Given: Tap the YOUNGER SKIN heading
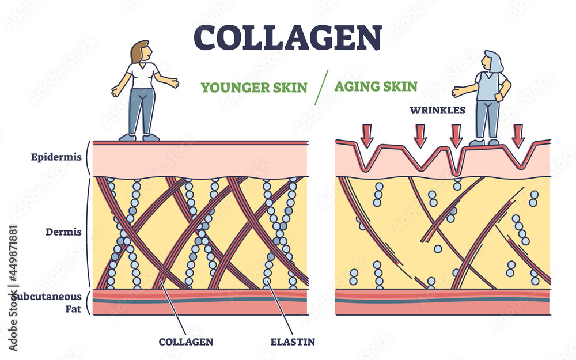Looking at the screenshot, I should [254, 88].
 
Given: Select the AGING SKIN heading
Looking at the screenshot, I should [376, 87].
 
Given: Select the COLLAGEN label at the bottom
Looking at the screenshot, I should [185, 342].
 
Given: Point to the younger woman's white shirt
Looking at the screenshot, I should [142, 75].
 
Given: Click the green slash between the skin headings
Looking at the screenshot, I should [323, 86].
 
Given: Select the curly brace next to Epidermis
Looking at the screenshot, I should [88, 157].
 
